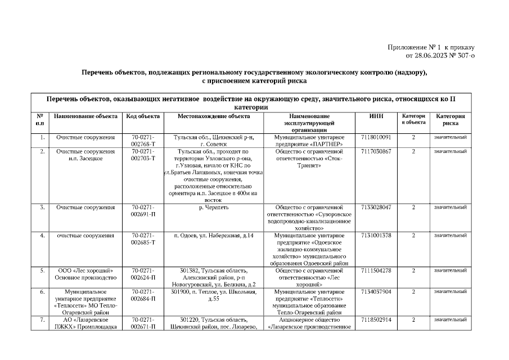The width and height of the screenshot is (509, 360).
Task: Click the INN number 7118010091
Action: coord(376,137)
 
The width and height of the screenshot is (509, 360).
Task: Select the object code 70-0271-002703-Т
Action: coord(143,155)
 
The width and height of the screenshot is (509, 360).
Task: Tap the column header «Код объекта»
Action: coord(143,116)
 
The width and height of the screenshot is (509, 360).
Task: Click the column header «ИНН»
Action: coord(376,116)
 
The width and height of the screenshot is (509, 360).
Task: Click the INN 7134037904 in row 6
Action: coord(376,292)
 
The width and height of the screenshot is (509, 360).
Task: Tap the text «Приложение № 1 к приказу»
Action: coord(431,48)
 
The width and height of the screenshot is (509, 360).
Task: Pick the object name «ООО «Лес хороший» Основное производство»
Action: coord(85,274)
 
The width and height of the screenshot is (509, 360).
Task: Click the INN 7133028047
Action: coord(376,208)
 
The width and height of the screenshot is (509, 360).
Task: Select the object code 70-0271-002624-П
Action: coord(143,274)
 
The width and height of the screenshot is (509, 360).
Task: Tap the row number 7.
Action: coord(42,320)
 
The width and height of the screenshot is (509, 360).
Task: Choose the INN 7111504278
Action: coord(376,271)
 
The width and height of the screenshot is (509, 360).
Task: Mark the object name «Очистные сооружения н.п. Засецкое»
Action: coord(85,155)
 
